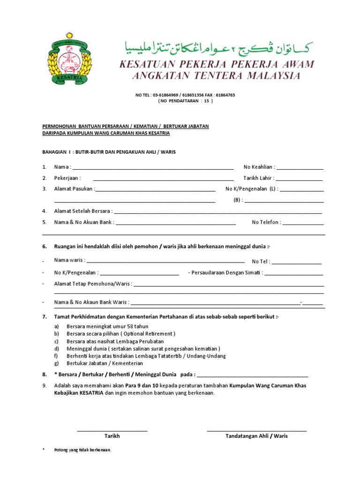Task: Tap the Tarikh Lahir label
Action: coord(259,178)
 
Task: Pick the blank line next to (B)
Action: coord(284,201)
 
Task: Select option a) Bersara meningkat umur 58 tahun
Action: coord(107,326)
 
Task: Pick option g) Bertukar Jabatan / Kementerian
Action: coord(105,363)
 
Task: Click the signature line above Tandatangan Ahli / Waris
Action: coord(256,430)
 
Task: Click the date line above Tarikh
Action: coord(112,430)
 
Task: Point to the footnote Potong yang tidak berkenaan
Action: coord(82,450)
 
